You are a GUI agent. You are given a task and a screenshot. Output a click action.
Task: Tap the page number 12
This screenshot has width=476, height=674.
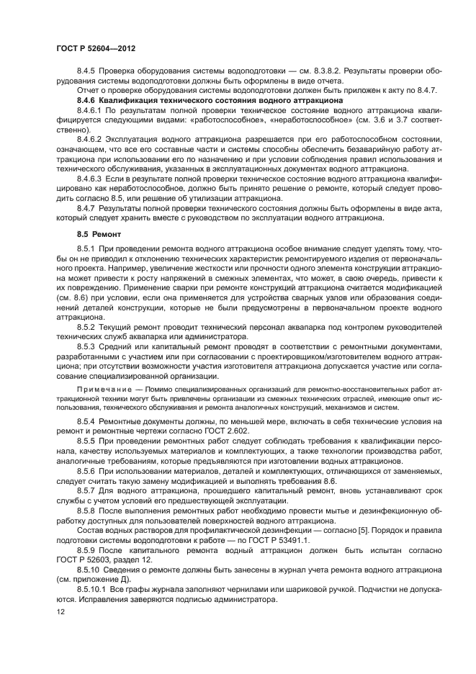tap(60, 612)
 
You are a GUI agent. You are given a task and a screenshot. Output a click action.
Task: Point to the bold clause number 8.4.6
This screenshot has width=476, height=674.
tap(89, 101)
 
